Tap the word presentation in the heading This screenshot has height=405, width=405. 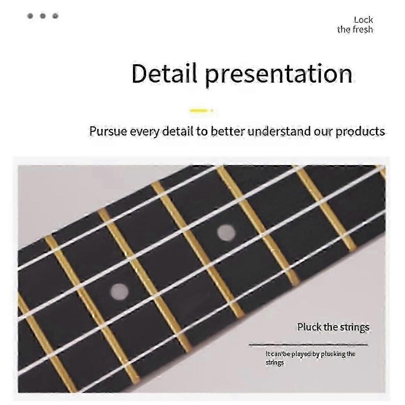coord(279,75)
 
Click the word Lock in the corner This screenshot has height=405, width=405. coord(363,20)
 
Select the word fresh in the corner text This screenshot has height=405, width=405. coord(363,29)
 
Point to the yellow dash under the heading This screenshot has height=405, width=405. coord(201,110)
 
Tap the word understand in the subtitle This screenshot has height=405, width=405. coord(279,131)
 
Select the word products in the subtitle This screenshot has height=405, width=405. coord(360,132)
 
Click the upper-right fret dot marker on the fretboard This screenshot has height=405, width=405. coord(226,232)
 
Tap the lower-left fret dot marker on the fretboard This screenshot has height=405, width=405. coord(119,291)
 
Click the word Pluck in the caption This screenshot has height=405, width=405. coord(309,327)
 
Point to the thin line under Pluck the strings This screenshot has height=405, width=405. coord(308,345)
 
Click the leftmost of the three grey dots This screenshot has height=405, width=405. coord(30,16)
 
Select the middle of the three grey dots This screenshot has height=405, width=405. coord(43,16)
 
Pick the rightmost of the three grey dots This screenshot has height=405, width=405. coord(55,16)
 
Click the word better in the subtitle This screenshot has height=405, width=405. coord(228,131)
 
